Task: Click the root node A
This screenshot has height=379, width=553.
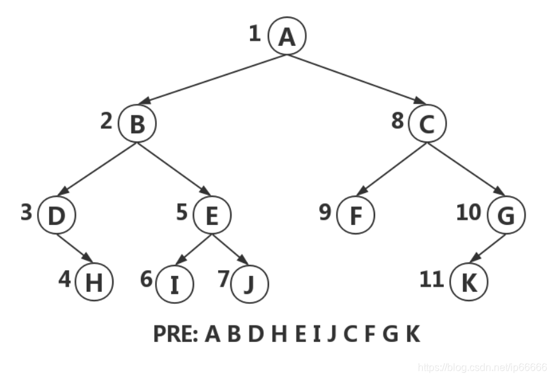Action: coord(287,36)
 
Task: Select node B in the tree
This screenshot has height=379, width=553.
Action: coord(136,124)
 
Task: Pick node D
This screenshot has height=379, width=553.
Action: coord(57,216)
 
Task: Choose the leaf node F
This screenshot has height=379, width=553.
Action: coord(355,216)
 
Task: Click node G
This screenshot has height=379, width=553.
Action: coord(506,216)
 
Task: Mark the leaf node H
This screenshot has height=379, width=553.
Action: coord(94,282)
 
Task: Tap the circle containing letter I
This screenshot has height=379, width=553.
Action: coord(174,283)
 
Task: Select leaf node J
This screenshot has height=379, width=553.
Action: coord(249,283)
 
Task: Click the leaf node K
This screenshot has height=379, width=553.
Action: coord(468,282)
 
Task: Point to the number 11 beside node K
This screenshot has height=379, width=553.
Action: coord(432,278)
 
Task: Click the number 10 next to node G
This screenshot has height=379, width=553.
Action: coord(469,212)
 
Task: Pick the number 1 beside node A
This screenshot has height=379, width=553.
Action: coord(255,33)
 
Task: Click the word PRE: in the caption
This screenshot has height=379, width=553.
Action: coord(176,334)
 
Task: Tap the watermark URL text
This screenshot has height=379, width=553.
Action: coord(482,368)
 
